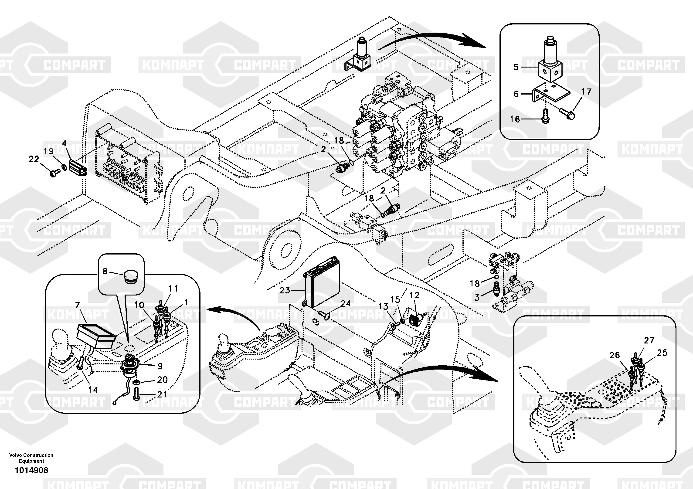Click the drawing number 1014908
tap(31, 470)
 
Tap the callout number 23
tap(284, 290)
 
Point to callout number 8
tap(105, 271)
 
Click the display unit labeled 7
tap(96, 336)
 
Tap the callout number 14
tap(92, 390)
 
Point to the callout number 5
tap(516, 67)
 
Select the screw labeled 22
tap(54, 173)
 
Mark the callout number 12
tap(414, 295)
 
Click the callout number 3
tap(477, 298)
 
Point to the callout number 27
tap(649, 340)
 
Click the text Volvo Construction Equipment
tap(31, 458)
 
